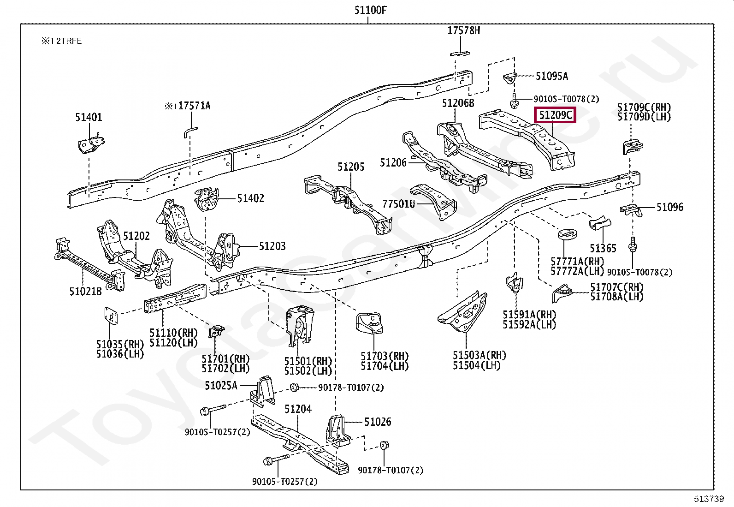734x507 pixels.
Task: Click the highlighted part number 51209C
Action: point(556,115)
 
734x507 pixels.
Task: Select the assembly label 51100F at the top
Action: point(367,10)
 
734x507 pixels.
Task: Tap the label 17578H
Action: point(463,30)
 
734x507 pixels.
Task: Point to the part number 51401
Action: point(89,117)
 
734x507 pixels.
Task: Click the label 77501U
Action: point(398,203)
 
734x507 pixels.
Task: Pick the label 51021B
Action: point(85,291)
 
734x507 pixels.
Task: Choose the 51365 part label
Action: point(603,249)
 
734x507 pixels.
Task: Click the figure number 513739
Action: point(709,499)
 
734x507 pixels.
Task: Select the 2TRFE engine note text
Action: point(61,41)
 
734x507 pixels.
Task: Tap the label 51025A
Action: point(221,385)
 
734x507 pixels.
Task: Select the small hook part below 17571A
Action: point(190,131)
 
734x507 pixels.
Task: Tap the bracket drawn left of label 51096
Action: point(632,210)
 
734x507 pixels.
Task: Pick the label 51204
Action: point(297,409)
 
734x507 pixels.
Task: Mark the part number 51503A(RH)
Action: point(479,355)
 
